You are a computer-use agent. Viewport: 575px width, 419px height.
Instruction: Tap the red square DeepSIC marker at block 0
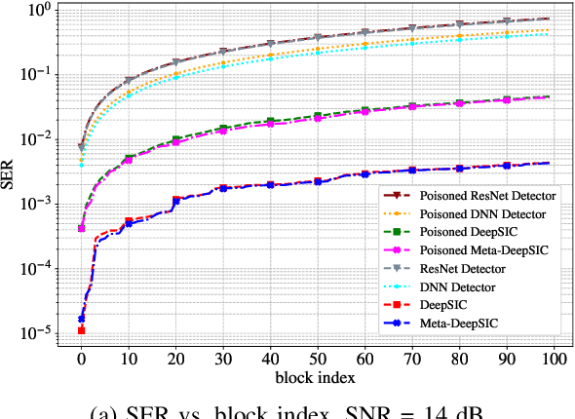coord(81,331)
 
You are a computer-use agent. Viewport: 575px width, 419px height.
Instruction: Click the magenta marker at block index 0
coord(81,229)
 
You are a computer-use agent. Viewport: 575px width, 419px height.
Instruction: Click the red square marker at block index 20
coord(175,200)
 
